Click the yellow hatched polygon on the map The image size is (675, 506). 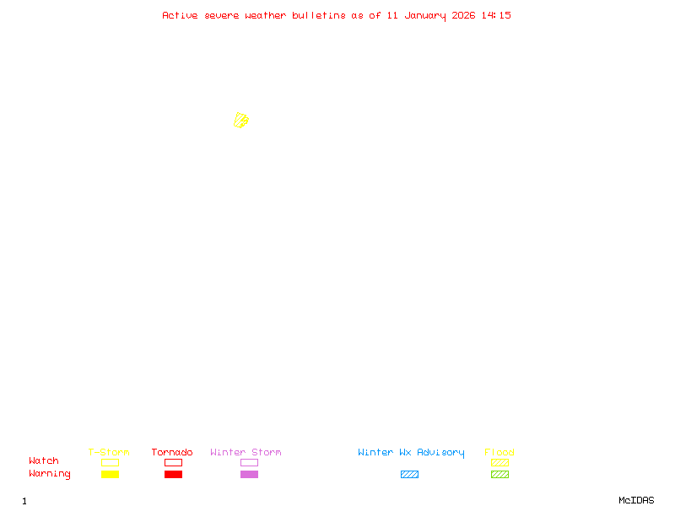241,121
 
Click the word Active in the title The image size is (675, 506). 181,15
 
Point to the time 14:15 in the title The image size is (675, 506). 496,15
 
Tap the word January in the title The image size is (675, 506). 426,15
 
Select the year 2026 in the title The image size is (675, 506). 462,15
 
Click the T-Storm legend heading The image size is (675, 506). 109,452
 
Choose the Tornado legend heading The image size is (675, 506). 172,452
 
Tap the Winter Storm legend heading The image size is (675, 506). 246,452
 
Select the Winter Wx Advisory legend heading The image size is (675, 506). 411,452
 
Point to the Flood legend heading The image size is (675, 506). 499,452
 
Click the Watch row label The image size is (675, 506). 44,461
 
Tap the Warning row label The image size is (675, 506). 50,474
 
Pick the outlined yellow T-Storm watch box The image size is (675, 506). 110,462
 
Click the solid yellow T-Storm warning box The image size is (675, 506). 110,474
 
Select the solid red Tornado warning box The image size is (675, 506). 173,474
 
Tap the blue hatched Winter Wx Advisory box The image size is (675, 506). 409,474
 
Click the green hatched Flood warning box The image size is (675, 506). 499,474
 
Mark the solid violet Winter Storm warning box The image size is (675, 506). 249,474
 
